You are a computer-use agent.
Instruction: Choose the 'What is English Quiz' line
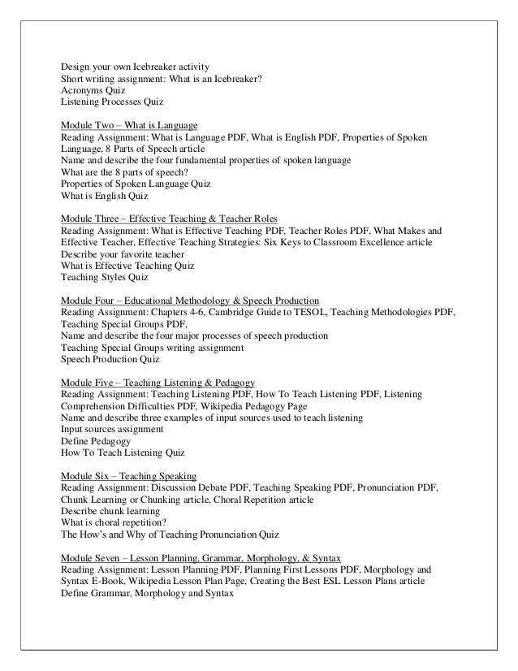click(106, 196)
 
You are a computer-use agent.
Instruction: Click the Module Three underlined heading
click(169, 219)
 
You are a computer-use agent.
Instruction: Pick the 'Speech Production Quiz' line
click(110, 359)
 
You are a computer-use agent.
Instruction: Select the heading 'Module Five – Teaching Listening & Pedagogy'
click(158, 382)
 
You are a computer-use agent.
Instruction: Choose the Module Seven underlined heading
click(201, 557)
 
